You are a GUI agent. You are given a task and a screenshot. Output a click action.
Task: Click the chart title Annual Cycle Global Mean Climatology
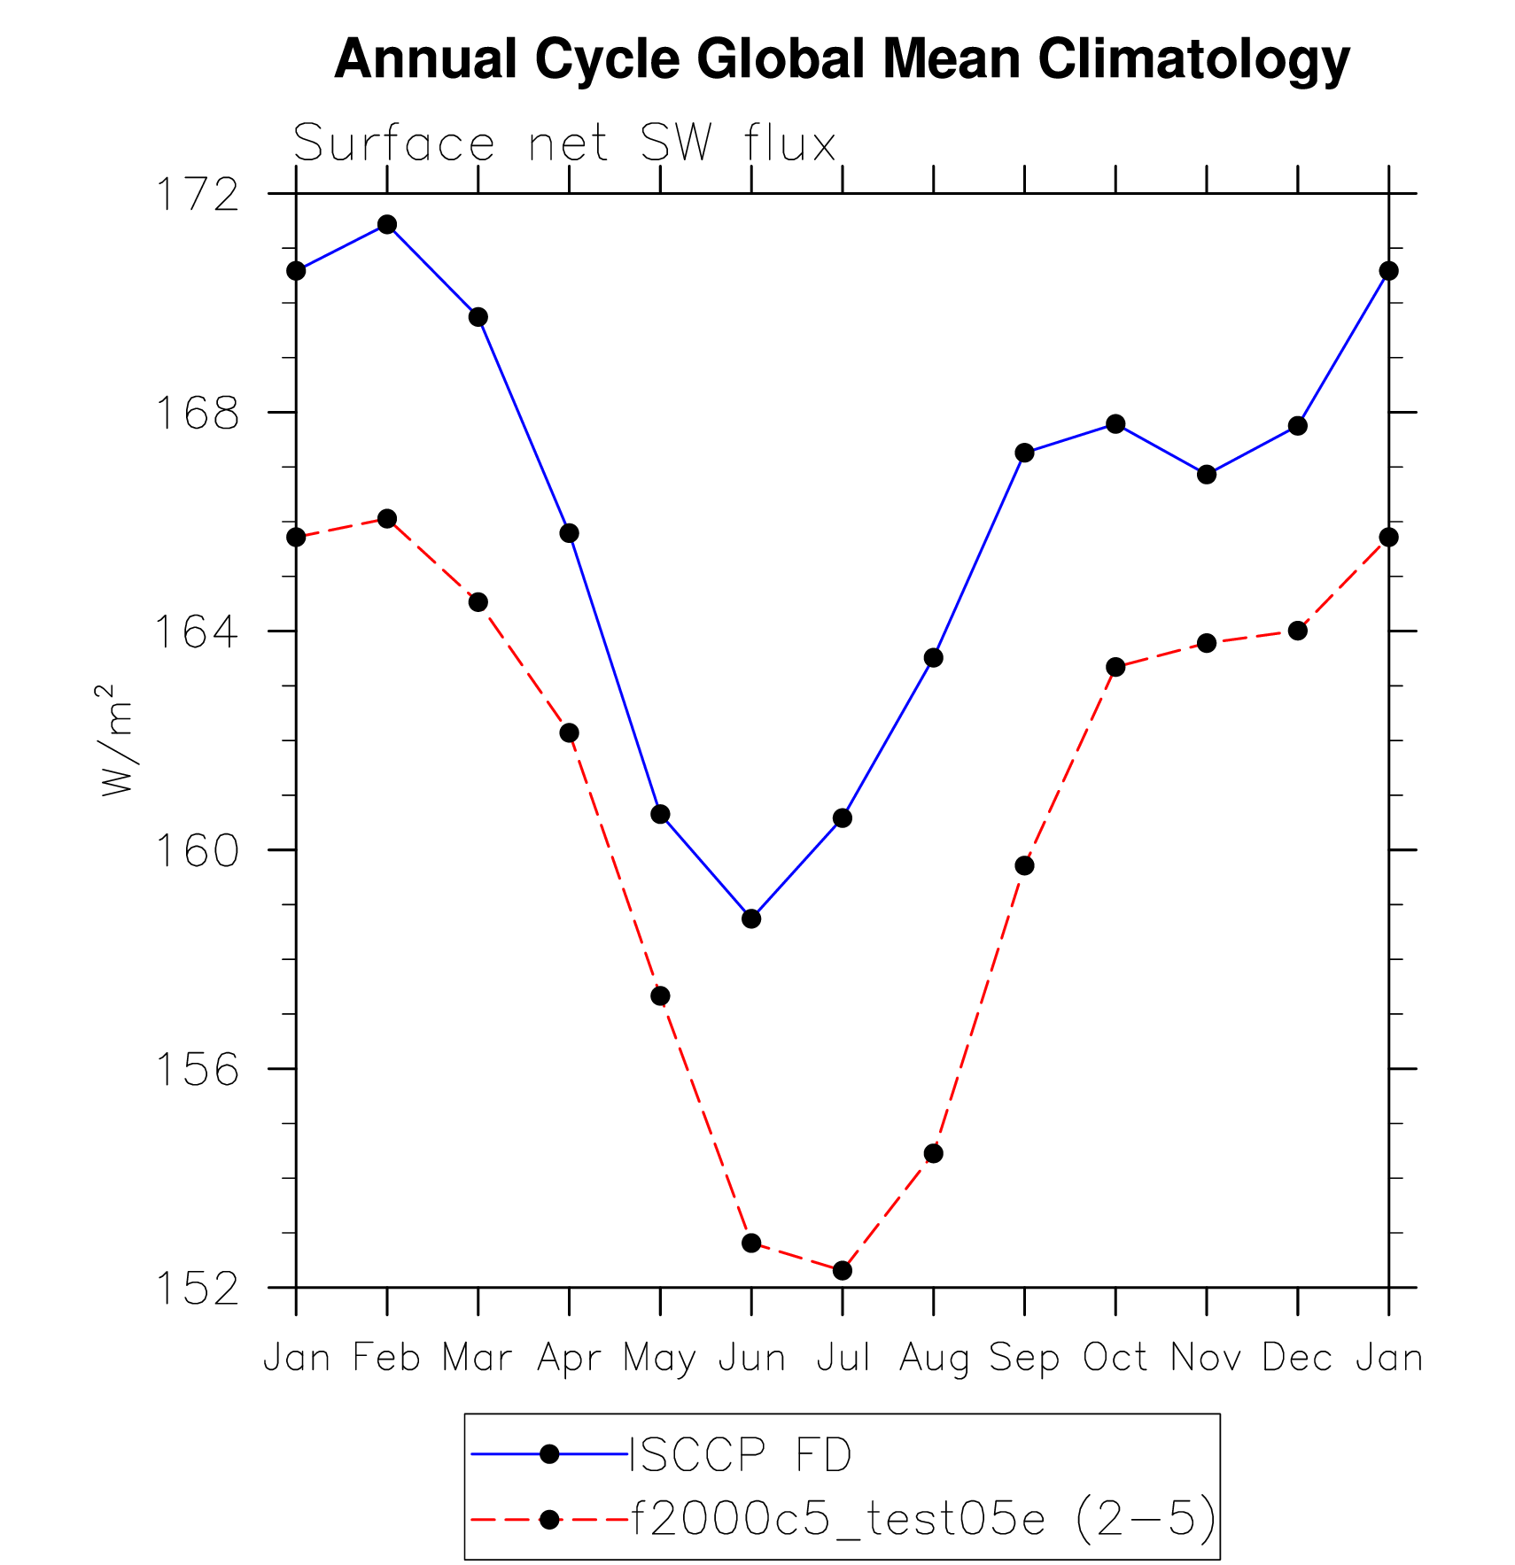[842, 59]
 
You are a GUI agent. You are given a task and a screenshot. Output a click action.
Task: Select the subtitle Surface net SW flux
[564, 143]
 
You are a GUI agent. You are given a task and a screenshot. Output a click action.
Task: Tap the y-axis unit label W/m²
[117, 740]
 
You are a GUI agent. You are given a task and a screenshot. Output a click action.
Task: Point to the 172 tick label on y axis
[198, 194]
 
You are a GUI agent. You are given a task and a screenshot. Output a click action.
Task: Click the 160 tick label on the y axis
[198, 850]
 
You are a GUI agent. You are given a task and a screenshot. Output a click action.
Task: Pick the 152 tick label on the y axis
[198, 1289]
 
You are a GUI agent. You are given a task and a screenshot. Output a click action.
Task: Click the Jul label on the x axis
[843, 1357]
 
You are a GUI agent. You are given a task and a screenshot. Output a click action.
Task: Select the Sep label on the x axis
[1024, 1357]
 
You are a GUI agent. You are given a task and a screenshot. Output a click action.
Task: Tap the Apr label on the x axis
[569, 1357]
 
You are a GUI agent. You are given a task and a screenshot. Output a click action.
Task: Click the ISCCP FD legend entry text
[740, 1454]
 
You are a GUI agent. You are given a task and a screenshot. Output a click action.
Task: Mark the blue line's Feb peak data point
[387, 224]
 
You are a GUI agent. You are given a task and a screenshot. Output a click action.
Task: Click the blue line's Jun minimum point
[751, 918]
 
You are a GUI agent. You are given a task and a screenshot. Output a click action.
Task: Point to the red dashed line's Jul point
[843, 1270]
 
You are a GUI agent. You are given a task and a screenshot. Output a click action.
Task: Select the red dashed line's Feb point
[387, 518]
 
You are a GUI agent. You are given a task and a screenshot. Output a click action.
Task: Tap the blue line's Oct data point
[1115, 424]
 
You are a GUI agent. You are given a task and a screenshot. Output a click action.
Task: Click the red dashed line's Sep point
[1024, 865]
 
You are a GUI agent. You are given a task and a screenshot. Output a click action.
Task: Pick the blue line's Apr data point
[569, 533]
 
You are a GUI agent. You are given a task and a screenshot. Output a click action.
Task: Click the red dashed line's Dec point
[1298, 631]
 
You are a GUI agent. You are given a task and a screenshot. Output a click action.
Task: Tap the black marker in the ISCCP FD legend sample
[549, 1454]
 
